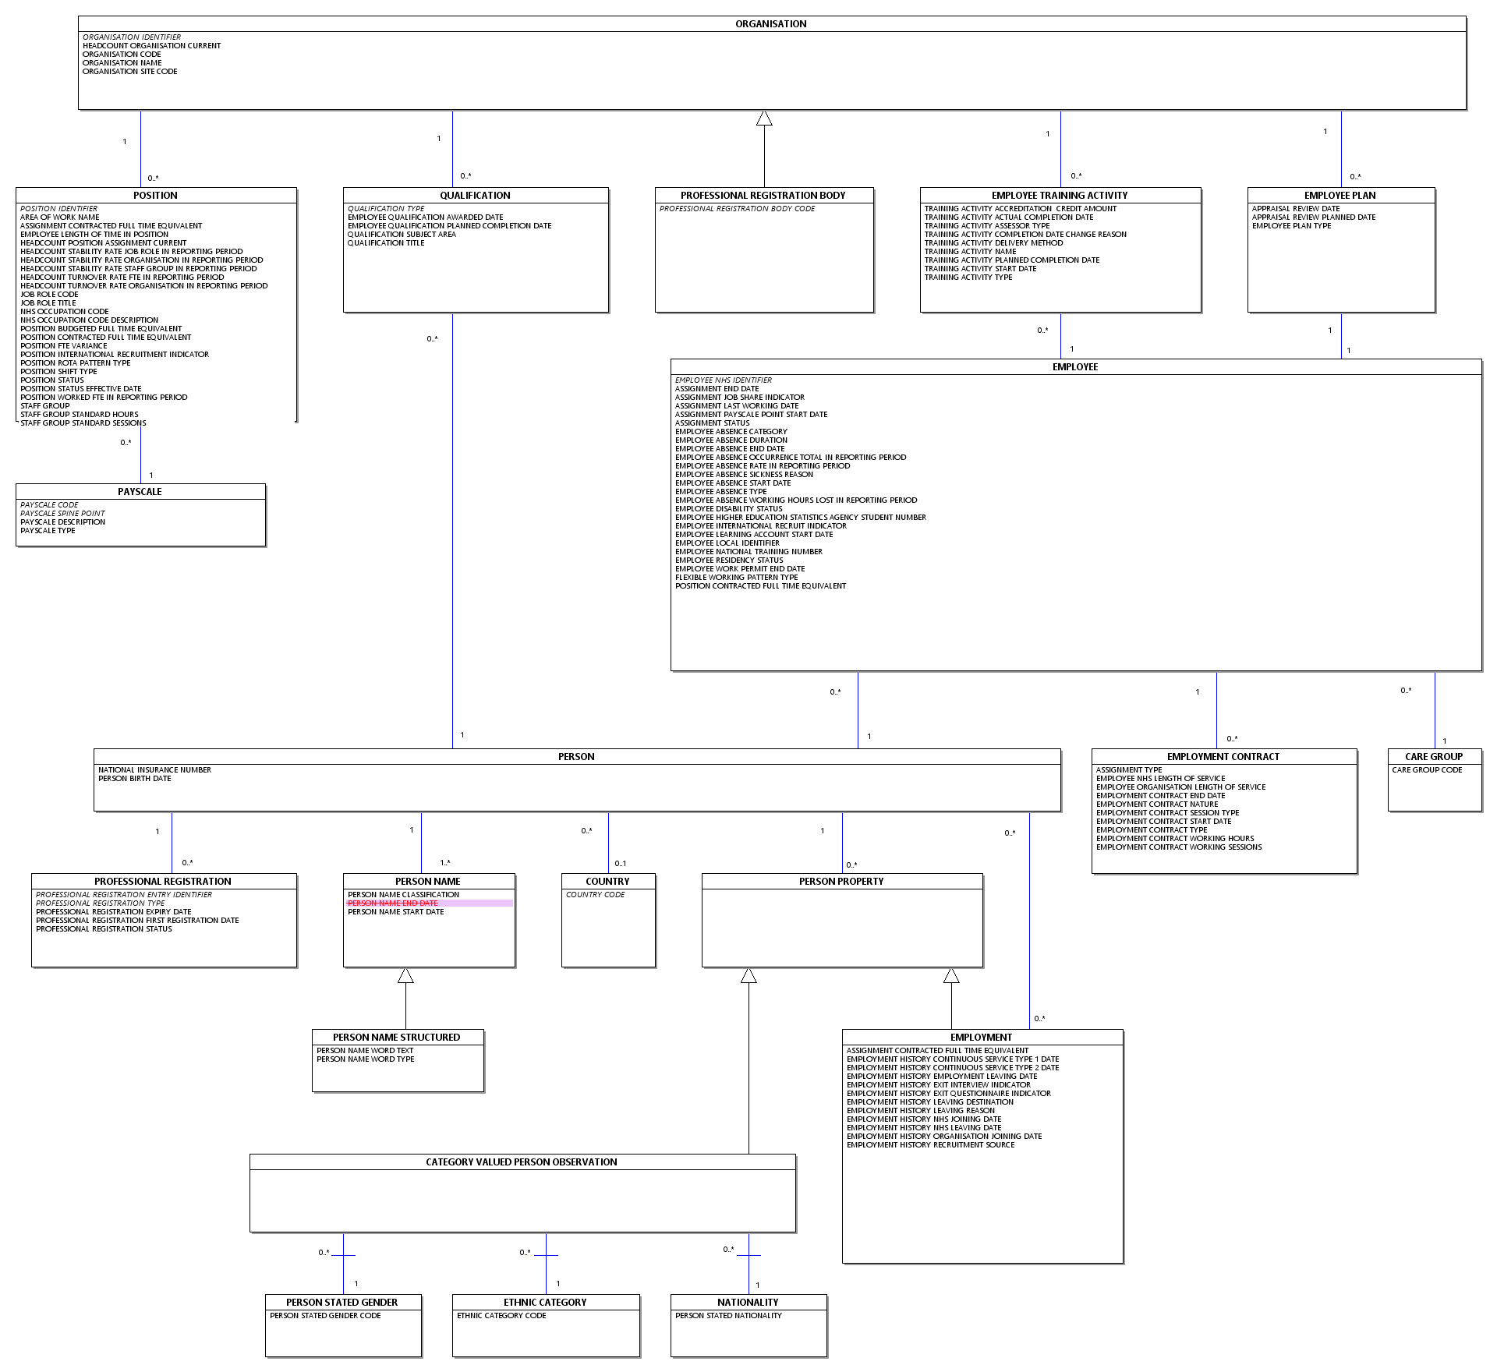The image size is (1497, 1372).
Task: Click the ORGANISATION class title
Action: pyautogui.click(x=771, y=24)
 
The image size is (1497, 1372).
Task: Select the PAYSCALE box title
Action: pyautogui.click(x=140, y=492)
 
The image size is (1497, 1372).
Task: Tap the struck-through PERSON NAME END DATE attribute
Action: pyautogui.click(x=393, y=903)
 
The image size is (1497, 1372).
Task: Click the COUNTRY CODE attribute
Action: pyautogui.click(x=596, y=895)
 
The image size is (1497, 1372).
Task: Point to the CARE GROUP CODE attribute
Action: pyautogui.click(x=1427, y=770)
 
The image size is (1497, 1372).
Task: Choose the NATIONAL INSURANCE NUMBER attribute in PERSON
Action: pyautogui.click(x=154, y=770)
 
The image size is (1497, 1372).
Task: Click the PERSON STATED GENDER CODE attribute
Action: pyautogui.click(x=325, y=1316)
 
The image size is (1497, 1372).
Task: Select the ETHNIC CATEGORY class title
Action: pyautogui.click(x=545, y=1303)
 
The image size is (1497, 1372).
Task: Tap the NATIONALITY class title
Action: pyautogui.click(x=748, y=1303)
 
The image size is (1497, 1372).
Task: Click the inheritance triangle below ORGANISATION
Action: pyautogui.click(x=764, y=118)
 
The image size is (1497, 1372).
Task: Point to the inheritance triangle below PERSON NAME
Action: pyautogui.click(x=405, y=975)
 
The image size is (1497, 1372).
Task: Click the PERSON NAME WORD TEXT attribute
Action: pyautogui.click(x=365, y=1051)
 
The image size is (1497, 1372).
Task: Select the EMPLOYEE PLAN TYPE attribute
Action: pyautogui.click(x=1292, y=226)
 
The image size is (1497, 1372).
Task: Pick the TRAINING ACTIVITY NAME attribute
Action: pyautogui.click(x=971, y=252)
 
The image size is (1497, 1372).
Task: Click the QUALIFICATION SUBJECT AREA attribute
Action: pyautogui.click(x=402, y=235)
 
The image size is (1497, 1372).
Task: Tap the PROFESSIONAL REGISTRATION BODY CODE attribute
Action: pyautogui.click(x=737, y=209)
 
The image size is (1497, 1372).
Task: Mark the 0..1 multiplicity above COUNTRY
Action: pyautogui.click(x=621, y=863)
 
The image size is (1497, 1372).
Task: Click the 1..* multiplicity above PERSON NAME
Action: pyautogui.click(x=445, y=862)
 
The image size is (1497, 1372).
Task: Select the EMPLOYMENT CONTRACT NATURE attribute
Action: pyautogui.click(x=1157, y=804)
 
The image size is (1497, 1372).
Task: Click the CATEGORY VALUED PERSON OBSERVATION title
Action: pyautogui.click(x=522, y=1162)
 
